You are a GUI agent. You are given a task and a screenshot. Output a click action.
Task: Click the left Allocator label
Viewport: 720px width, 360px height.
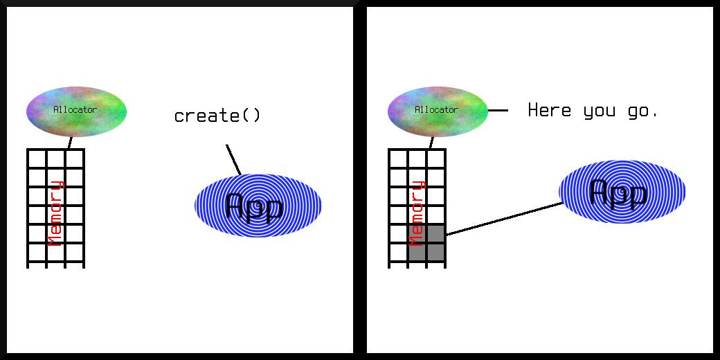(75, 109)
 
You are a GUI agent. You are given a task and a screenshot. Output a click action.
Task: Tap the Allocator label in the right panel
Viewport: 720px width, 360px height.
(436, 109)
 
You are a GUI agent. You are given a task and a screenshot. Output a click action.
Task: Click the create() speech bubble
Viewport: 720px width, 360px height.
(217, 116)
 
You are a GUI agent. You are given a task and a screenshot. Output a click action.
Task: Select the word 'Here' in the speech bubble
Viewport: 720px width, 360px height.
(550, 110)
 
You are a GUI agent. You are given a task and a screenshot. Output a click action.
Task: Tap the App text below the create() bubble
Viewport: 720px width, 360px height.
(255, 206)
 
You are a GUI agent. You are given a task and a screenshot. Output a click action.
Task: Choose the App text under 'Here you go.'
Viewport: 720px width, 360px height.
(618, 192)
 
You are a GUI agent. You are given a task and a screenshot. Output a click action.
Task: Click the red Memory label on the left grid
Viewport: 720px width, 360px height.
(55, 213)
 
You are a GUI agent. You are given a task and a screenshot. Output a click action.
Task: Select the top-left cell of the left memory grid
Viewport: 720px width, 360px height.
(37, 159)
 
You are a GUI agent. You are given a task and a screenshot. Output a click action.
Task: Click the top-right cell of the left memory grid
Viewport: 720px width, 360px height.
(74, 159)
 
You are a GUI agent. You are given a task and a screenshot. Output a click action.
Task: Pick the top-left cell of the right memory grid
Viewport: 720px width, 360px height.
(398, 159)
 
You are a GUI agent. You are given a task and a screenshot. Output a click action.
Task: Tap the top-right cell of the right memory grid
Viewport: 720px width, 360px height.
(435, 159)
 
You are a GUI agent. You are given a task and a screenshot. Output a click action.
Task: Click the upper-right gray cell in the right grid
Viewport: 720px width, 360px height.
(435, 233)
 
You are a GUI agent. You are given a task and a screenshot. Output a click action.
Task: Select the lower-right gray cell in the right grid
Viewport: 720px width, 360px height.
(435, 252)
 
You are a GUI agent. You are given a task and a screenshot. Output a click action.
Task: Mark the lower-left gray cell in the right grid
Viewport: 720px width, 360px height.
(417, 252)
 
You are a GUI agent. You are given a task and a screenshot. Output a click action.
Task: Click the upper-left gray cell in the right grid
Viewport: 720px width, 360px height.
(417, 233)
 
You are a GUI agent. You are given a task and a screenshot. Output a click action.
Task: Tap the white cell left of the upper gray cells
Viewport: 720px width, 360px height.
(398, 233)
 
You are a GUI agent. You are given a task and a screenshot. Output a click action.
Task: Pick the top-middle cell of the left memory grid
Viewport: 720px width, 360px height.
(55, 159)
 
